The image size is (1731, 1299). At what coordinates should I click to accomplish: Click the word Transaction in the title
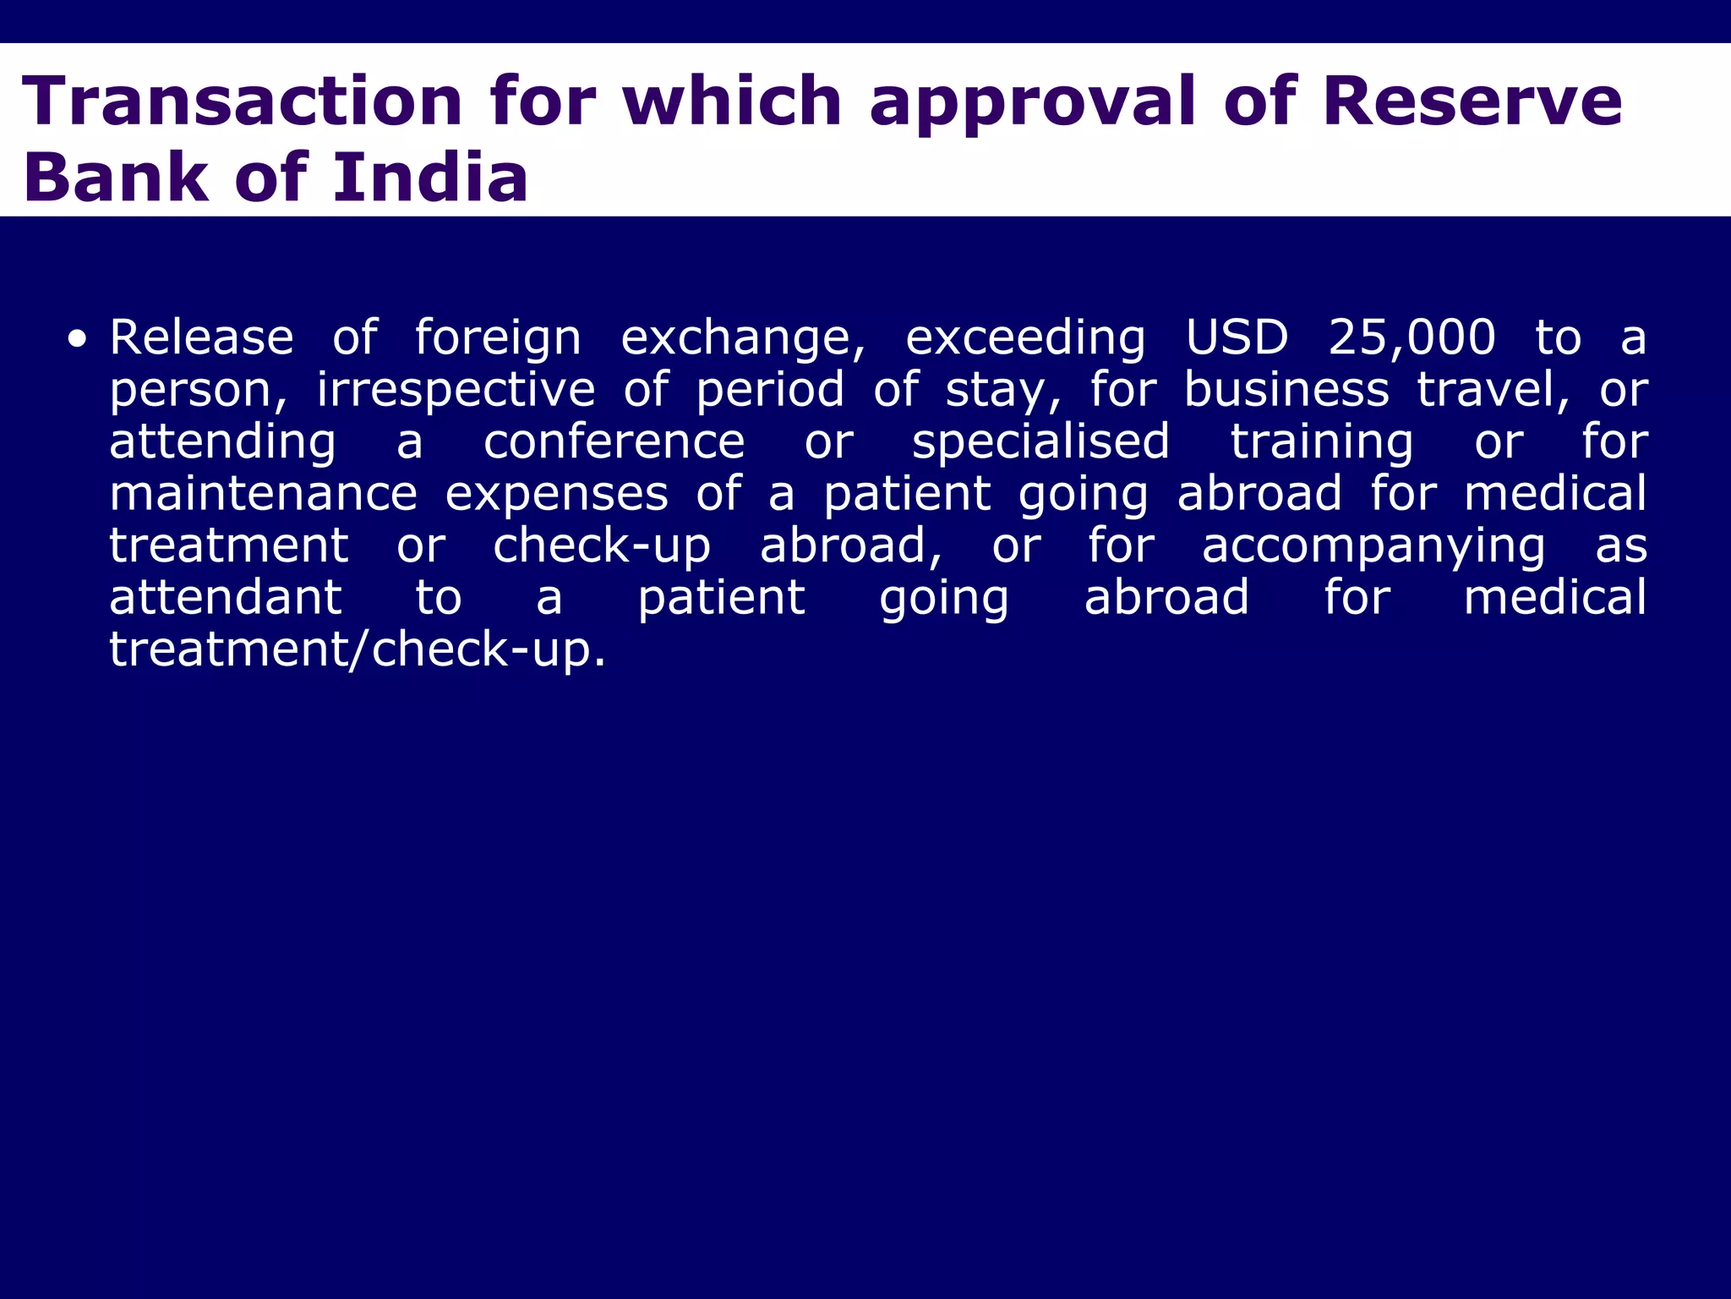pyautogui.click(x=243, y=101)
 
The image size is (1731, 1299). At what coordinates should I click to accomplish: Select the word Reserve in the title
pyautogui.click(x=1472, y=101)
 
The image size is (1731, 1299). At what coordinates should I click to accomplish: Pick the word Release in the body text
pyautogui.click(x=201, y=337)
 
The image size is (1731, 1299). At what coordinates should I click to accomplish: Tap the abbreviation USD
pyautogui.click(x=1237, y=337)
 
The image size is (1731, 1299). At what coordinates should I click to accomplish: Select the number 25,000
pyautogui.click(x=1412, y=338)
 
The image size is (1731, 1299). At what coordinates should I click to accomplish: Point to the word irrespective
pyautogui.click(x=456, y=392)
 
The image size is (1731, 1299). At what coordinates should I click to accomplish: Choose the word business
pyautogui.click(x=1286, y=390)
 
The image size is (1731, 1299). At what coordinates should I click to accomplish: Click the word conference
pyautogui.click(x=614, y=442)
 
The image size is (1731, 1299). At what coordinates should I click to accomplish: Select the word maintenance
pyautogui.click(x=264, y=494)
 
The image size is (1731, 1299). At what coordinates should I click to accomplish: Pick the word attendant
pyautogui.click(x=226, y=598)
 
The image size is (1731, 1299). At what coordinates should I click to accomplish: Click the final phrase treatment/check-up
pyautogui.click(x=358, y=650)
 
